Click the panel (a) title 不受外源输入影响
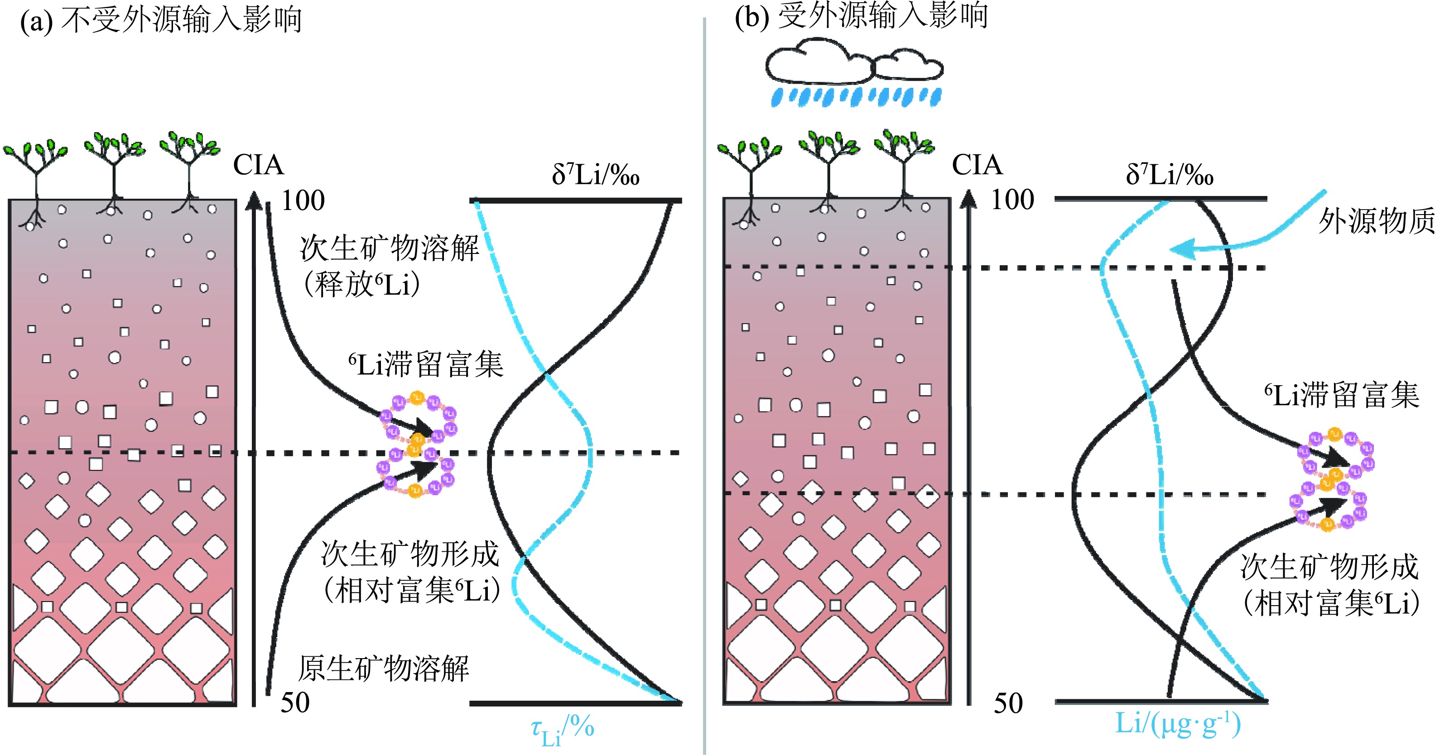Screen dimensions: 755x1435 pyautogui.click(x=181, y=21)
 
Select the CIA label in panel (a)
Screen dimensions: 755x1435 pyautogui.click(x=258, y=165)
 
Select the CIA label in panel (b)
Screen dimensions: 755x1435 pyautogui.click(x=977, y=165)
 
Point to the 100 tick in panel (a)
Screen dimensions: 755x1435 pyautogui.click(x=303, y=201)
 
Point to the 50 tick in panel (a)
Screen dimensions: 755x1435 pyautogui.click(x=295, y=702)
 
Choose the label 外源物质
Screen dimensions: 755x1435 pyautogui.click(x=1375, y=221)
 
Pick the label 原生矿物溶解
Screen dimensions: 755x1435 pyautogui.click(x=384, y=669)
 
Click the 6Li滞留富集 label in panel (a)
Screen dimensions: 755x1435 pyautogui.click(x=426, y=365)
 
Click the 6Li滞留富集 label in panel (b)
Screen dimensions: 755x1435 pyautogui.click(x=1341, y=395)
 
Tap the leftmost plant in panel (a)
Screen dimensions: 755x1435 pyautogui.click(x=36, y=167)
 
